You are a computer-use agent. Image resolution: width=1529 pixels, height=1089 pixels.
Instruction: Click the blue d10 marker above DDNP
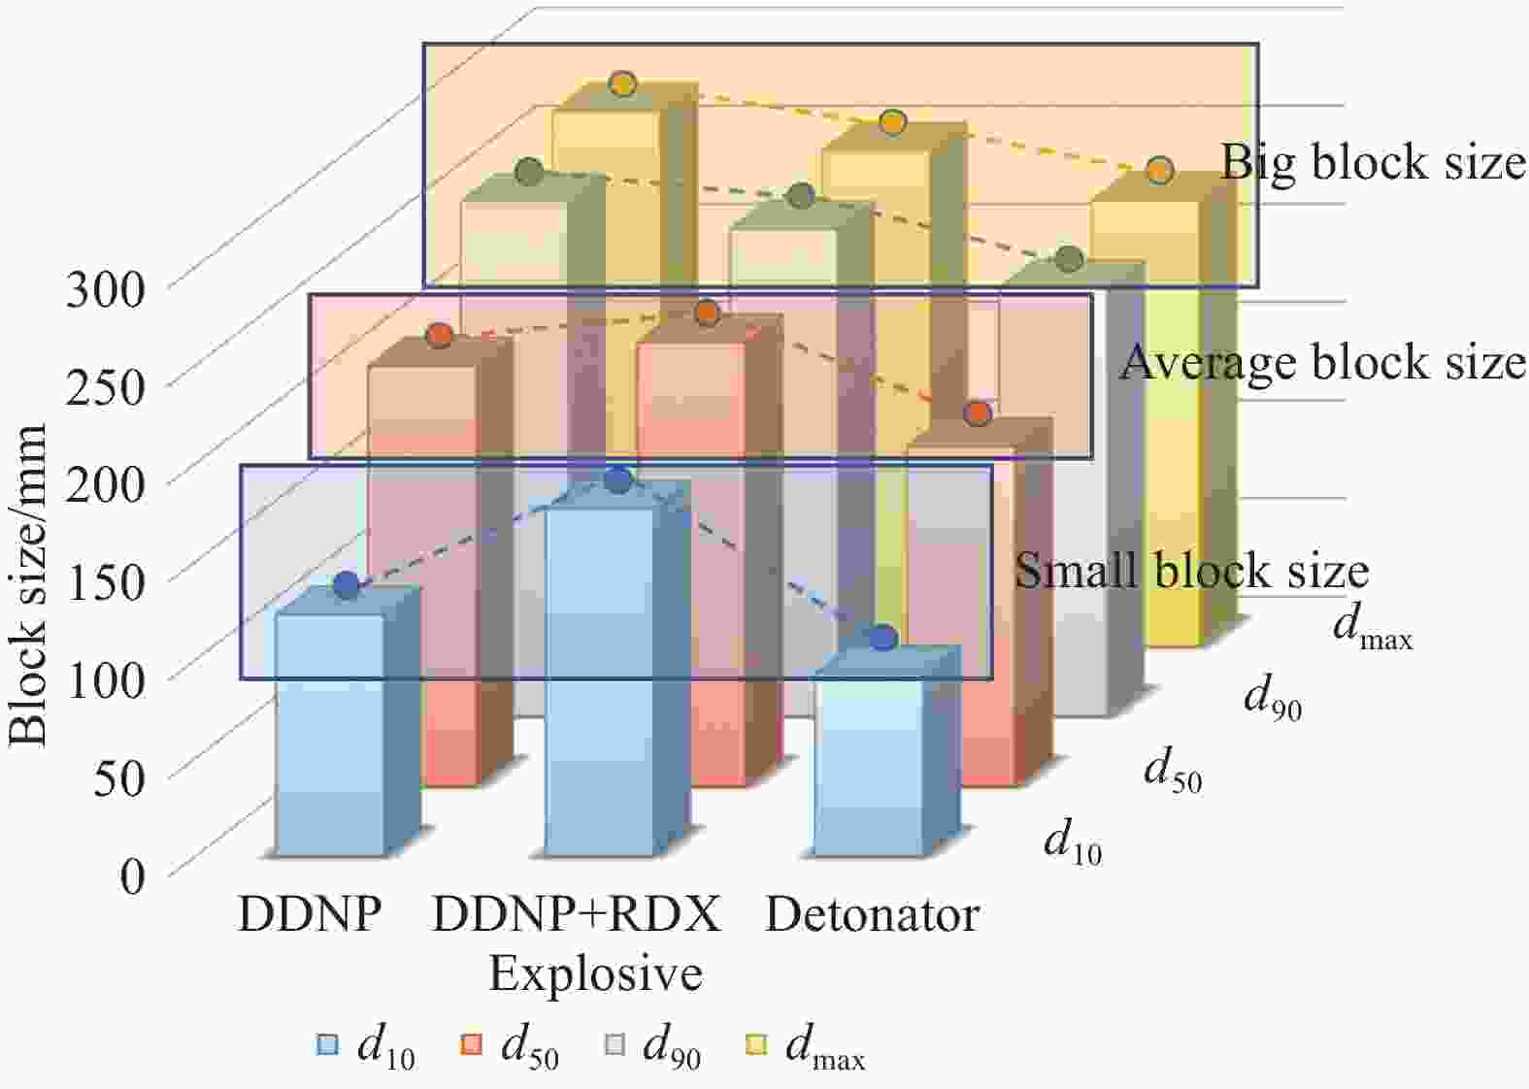[347, 584]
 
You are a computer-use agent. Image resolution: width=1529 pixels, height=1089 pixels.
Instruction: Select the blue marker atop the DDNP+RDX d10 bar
[618, 479]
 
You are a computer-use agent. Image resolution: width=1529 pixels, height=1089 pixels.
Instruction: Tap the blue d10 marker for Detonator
[883, 638]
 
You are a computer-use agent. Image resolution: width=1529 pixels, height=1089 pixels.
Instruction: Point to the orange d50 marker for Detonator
[978, 412]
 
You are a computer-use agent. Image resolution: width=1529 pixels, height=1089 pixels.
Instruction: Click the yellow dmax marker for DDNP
[622, 84]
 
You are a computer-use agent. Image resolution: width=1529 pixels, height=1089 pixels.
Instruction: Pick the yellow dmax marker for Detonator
[1160, 170]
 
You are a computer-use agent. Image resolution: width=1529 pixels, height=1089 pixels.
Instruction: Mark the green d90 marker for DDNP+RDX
[801, 196]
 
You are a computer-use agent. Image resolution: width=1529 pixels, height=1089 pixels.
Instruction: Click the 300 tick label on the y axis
[105, 289]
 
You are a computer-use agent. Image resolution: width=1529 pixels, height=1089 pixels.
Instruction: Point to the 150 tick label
[105, 584]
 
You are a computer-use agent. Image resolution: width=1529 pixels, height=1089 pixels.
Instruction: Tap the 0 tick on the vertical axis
[132, 876]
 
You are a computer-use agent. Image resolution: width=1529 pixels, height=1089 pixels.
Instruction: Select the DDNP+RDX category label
[577, 914]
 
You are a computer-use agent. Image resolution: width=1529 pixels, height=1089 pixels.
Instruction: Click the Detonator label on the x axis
[873, 914]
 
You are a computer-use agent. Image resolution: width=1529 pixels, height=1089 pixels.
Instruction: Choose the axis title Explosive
[596, 974]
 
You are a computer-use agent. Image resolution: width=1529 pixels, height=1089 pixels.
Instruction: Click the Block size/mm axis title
[29, 584]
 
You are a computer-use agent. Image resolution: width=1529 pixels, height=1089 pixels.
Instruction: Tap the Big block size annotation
[1373, 164]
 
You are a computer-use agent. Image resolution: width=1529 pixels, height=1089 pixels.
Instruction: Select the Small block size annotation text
[1192, 571]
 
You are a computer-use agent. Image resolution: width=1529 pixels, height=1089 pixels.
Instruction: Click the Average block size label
[1323, 362]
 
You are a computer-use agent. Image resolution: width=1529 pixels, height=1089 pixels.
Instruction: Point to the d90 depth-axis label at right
[1273, 700]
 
